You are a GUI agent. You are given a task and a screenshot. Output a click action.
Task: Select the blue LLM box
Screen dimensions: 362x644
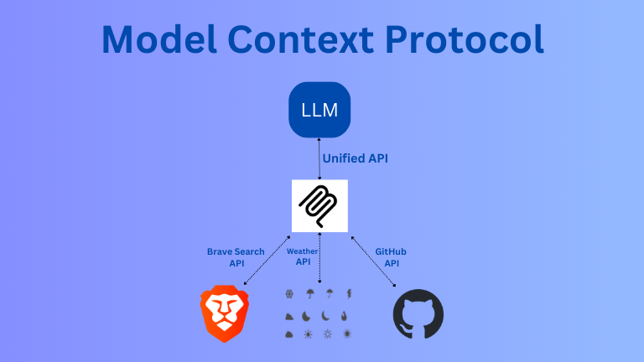tap(319, 110)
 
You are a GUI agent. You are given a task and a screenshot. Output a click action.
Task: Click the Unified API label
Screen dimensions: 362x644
tap(356, 158)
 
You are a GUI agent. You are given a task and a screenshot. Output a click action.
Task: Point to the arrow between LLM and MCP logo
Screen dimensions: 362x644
tap(319, 158)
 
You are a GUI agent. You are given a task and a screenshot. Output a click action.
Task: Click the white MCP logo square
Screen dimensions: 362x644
tap(319, 205)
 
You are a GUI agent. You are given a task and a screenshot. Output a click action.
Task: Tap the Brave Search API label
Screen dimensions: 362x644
tap(236, 257)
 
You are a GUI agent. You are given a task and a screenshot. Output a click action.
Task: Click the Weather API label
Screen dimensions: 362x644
tap(302, 256)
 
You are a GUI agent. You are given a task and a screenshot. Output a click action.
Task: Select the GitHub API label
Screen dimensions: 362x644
tap(391, 257)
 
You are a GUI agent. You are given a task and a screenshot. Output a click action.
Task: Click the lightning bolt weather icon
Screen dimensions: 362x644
tap(348, 294)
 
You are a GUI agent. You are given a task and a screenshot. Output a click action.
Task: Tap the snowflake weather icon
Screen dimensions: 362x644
tap(289, 294)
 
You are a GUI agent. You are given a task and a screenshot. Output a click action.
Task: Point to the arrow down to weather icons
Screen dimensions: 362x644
tap(319, 260)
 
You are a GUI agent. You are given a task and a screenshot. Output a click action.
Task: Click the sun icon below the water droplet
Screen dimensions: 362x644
tap(347, 334)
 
